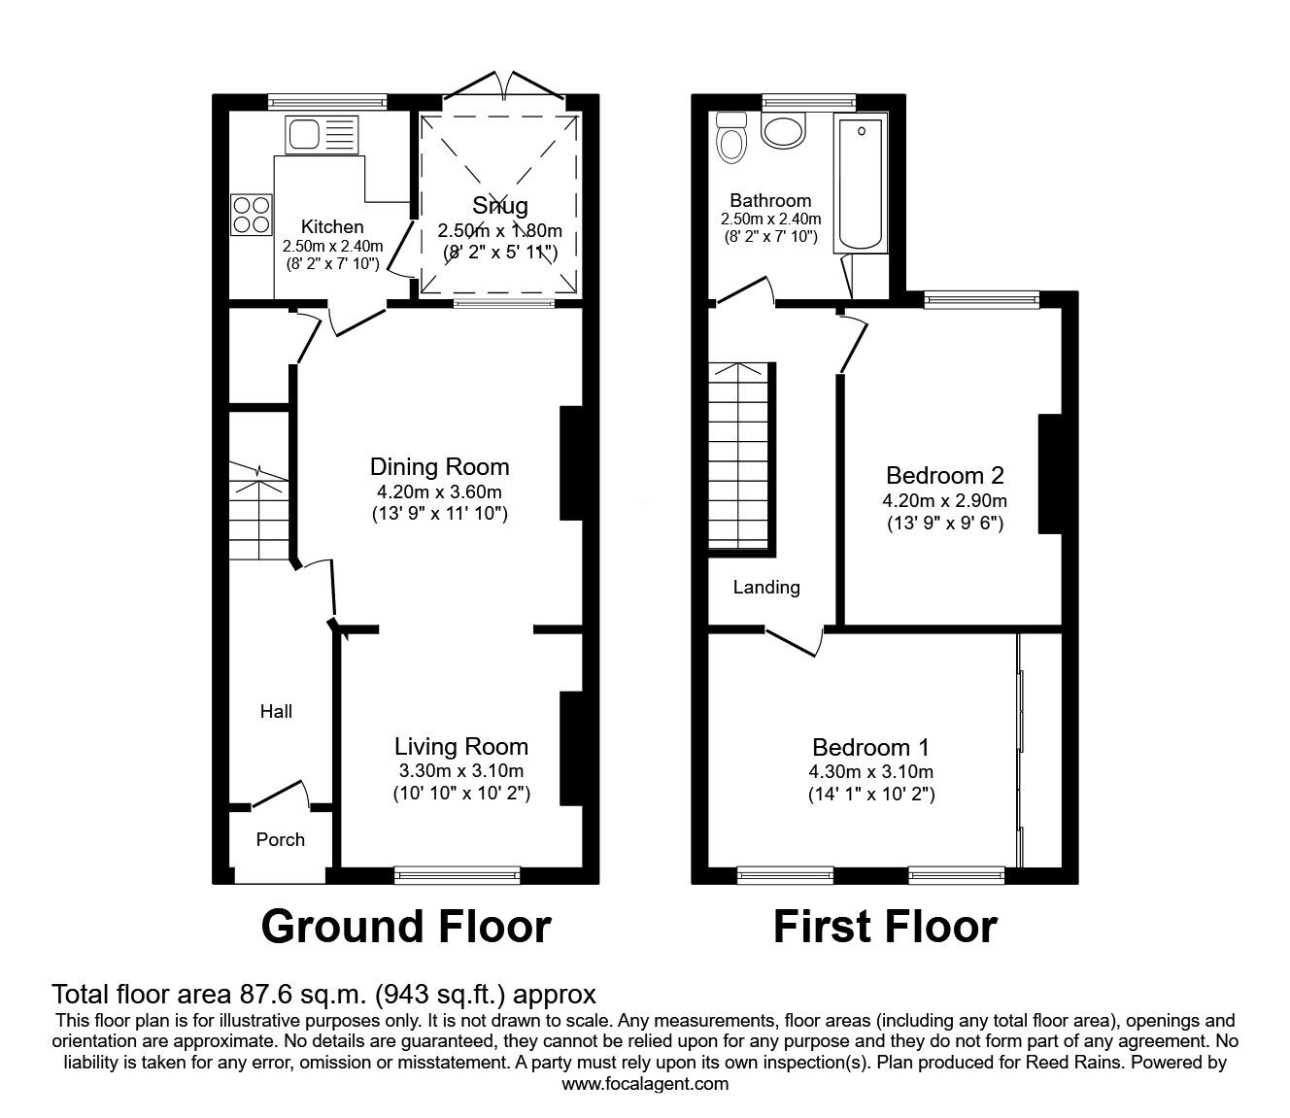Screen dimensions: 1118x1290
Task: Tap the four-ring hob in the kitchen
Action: tap(251, 215)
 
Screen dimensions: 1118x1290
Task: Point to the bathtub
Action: tap(862, 184)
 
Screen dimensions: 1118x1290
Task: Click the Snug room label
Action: tap(500, 205)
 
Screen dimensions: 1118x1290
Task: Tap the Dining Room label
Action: tap(439, 466)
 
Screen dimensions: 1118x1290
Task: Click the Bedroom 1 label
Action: tap(870, 747)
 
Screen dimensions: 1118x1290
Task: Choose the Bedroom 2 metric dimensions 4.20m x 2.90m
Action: tap(944, 501)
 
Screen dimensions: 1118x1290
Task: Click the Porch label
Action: tap(280, 839)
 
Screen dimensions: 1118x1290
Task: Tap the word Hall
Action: tap(276, 712)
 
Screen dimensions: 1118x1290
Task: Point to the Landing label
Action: tap(766, 587)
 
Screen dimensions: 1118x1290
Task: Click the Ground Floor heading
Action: tap(406, 927)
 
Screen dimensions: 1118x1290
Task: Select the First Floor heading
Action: tap(884, 927)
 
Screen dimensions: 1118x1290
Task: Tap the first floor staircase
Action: tap(742, 457)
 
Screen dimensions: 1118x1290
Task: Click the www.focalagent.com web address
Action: tap(645, 1084)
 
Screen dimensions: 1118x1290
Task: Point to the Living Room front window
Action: tap(457, 875)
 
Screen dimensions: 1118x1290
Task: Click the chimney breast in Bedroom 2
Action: tap(1049, 473)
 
